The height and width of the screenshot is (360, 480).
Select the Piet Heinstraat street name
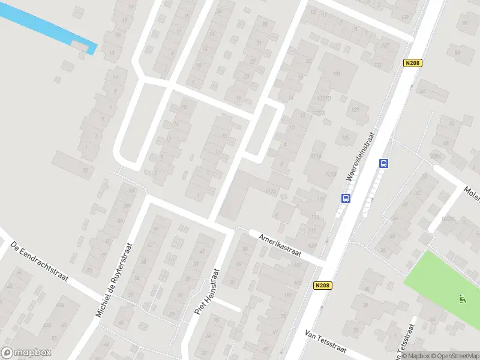[x=208, y=292]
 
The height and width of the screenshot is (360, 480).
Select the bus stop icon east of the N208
[x=383, y=163]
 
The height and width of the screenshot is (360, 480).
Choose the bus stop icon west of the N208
[x=346, y=198]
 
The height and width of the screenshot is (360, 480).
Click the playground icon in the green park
[x=461, y=298]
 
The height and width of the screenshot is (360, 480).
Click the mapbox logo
[x=26, y=353]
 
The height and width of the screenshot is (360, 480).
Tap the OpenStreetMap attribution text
[x=454, y=356]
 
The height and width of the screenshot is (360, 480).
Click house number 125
[x=345, y=138]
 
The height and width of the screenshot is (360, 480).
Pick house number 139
[x=404, y=17]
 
